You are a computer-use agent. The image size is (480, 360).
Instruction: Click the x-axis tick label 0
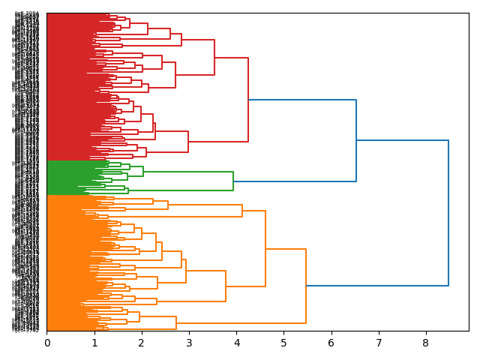pyautogui.click(x=47, y=343)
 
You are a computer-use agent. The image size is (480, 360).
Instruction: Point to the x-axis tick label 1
pyautogui.click(x=94, y=343)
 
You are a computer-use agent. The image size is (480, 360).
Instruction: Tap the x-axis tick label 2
pyautogui.click(x=142, y=343)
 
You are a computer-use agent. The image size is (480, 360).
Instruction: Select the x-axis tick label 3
pyautogui.click(x=189, y=343)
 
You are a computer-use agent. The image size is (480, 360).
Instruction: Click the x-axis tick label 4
pyautogui.click(x=236, y=343)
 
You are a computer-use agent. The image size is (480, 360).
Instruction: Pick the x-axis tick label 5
pyautogui.click(x=283, y=343)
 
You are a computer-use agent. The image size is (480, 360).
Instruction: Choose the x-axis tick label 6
pyautogui.click(x=331, y=343)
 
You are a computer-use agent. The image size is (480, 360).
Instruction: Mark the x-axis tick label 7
pyautogui.click(x=378, y=343)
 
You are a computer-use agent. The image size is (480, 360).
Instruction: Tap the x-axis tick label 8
pyautogui.click(x=425, y=343)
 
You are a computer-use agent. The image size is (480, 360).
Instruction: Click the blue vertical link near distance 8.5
pyautogui.click(x=448, y=213)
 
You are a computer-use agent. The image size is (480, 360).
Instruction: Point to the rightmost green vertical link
pyautogui.click(x=233, y=181)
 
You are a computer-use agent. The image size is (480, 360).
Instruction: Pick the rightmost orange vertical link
pyautogui.click(x=306, y=286)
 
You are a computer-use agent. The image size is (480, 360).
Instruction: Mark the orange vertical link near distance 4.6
pyautogui.click(x=265, y=248)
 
